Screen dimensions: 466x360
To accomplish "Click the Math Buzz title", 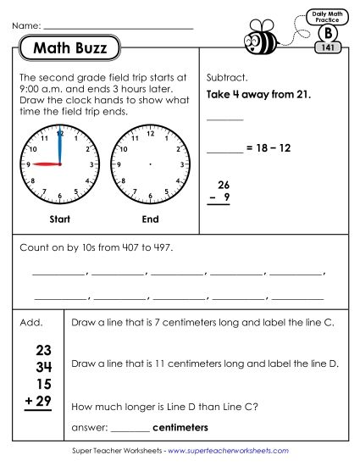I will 70,49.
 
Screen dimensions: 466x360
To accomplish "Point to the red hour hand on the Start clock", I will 46,164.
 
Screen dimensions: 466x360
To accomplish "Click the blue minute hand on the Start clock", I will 59,148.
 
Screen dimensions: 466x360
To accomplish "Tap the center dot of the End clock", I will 150,163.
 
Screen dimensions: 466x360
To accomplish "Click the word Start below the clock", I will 59,219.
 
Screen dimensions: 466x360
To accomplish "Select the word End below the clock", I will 150,219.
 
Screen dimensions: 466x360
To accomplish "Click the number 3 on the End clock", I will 183,163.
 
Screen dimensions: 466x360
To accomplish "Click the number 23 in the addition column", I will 45,350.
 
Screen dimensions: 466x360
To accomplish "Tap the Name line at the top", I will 119,26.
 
